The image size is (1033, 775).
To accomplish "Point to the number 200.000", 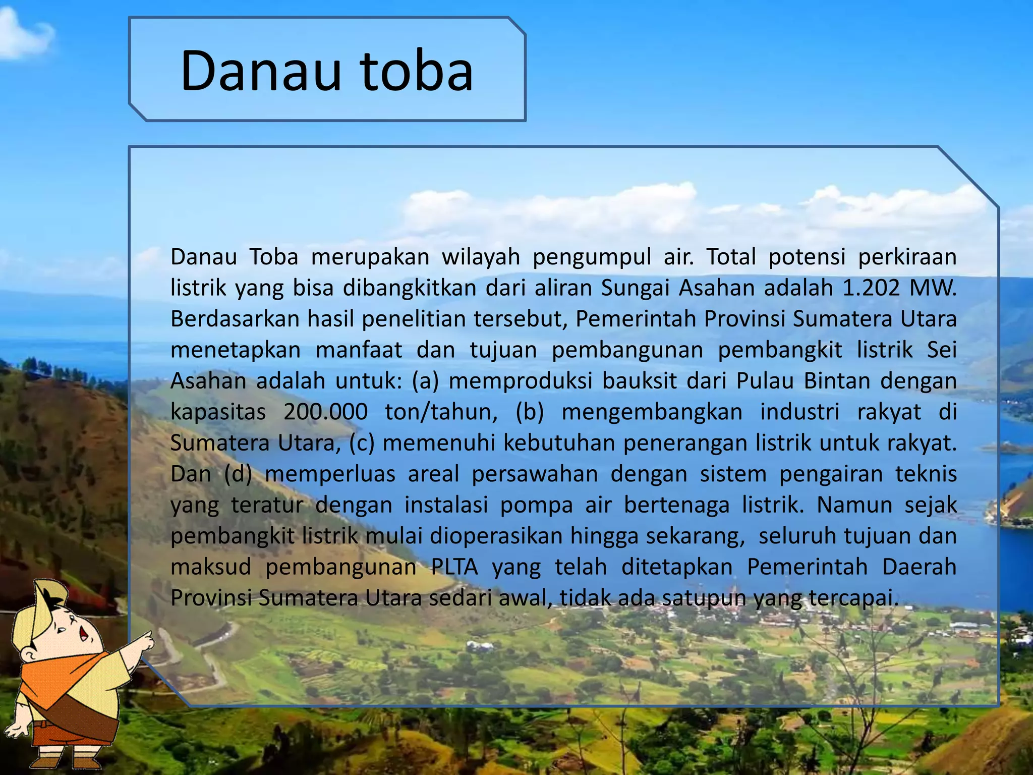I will coord(325,412).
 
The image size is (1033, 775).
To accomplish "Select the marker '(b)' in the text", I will coord(530,412).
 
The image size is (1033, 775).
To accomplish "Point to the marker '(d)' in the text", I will coord(238,474).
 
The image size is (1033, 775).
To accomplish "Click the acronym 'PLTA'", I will coord(454,567).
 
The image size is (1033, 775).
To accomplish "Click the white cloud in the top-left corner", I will coord(23,35).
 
